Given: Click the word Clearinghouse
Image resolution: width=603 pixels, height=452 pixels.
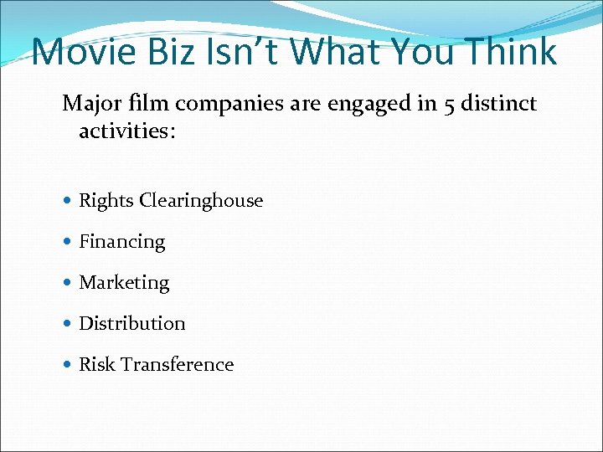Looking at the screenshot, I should (x=201, y=201).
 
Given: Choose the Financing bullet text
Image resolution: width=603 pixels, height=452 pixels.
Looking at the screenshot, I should (x=121, y=242).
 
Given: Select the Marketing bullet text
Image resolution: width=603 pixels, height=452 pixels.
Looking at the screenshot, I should (x=124, y=283).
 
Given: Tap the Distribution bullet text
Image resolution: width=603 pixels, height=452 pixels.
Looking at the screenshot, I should (x=131, y=323).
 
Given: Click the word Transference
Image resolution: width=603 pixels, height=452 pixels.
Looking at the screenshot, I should (x=177, y=364).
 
